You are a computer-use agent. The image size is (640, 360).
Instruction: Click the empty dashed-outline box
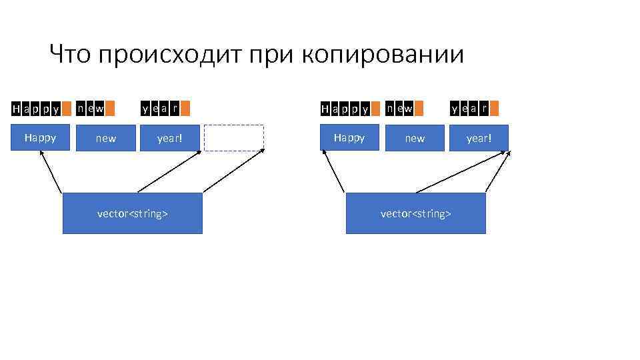coord(234,138)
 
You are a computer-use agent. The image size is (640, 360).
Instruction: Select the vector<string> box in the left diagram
coord(132,213)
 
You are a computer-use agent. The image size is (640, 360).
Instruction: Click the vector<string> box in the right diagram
coord(415,213)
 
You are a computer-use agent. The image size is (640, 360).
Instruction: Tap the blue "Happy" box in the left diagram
coord(40,138)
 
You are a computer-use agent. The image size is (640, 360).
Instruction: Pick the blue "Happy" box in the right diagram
coord(349,138)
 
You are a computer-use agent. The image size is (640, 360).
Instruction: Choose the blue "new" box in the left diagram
coord(105,138)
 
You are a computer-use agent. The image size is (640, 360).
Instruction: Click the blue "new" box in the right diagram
coord(415,138)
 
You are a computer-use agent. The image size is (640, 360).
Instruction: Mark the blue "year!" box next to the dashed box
coord(169,138)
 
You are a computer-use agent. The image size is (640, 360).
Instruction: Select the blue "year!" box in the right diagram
coord(478,138)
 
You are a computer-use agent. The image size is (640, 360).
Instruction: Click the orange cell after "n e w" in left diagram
coord(110,107)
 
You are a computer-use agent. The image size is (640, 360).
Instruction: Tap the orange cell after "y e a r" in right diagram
coord(494,107)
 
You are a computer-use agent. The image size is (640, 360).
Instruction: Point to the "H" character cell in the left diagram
coord(16,108)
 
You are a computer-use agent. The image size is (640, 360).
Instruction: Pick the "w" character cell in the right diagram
coord(409,107)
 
